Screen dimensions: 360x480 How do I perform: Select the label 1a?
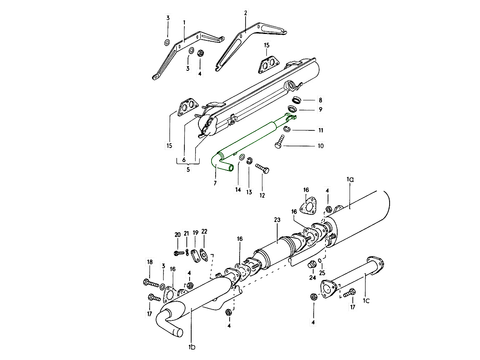point(350,180)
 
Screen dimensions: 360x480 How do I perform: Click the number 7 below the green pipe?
point(215,183)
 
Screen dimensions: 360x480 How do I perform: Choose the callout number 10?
point(320,146)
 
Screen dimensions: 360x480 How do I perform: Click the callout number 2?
point(245,13)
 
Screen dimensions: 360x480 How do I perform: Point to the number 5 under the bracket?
point(188,169)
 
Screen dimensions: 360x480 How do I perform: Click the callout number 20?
point(178,235)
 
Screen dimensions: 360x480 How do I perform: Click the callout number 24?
point(312,277)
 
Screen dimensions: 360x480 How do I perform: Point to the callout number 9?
point(320,109)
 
